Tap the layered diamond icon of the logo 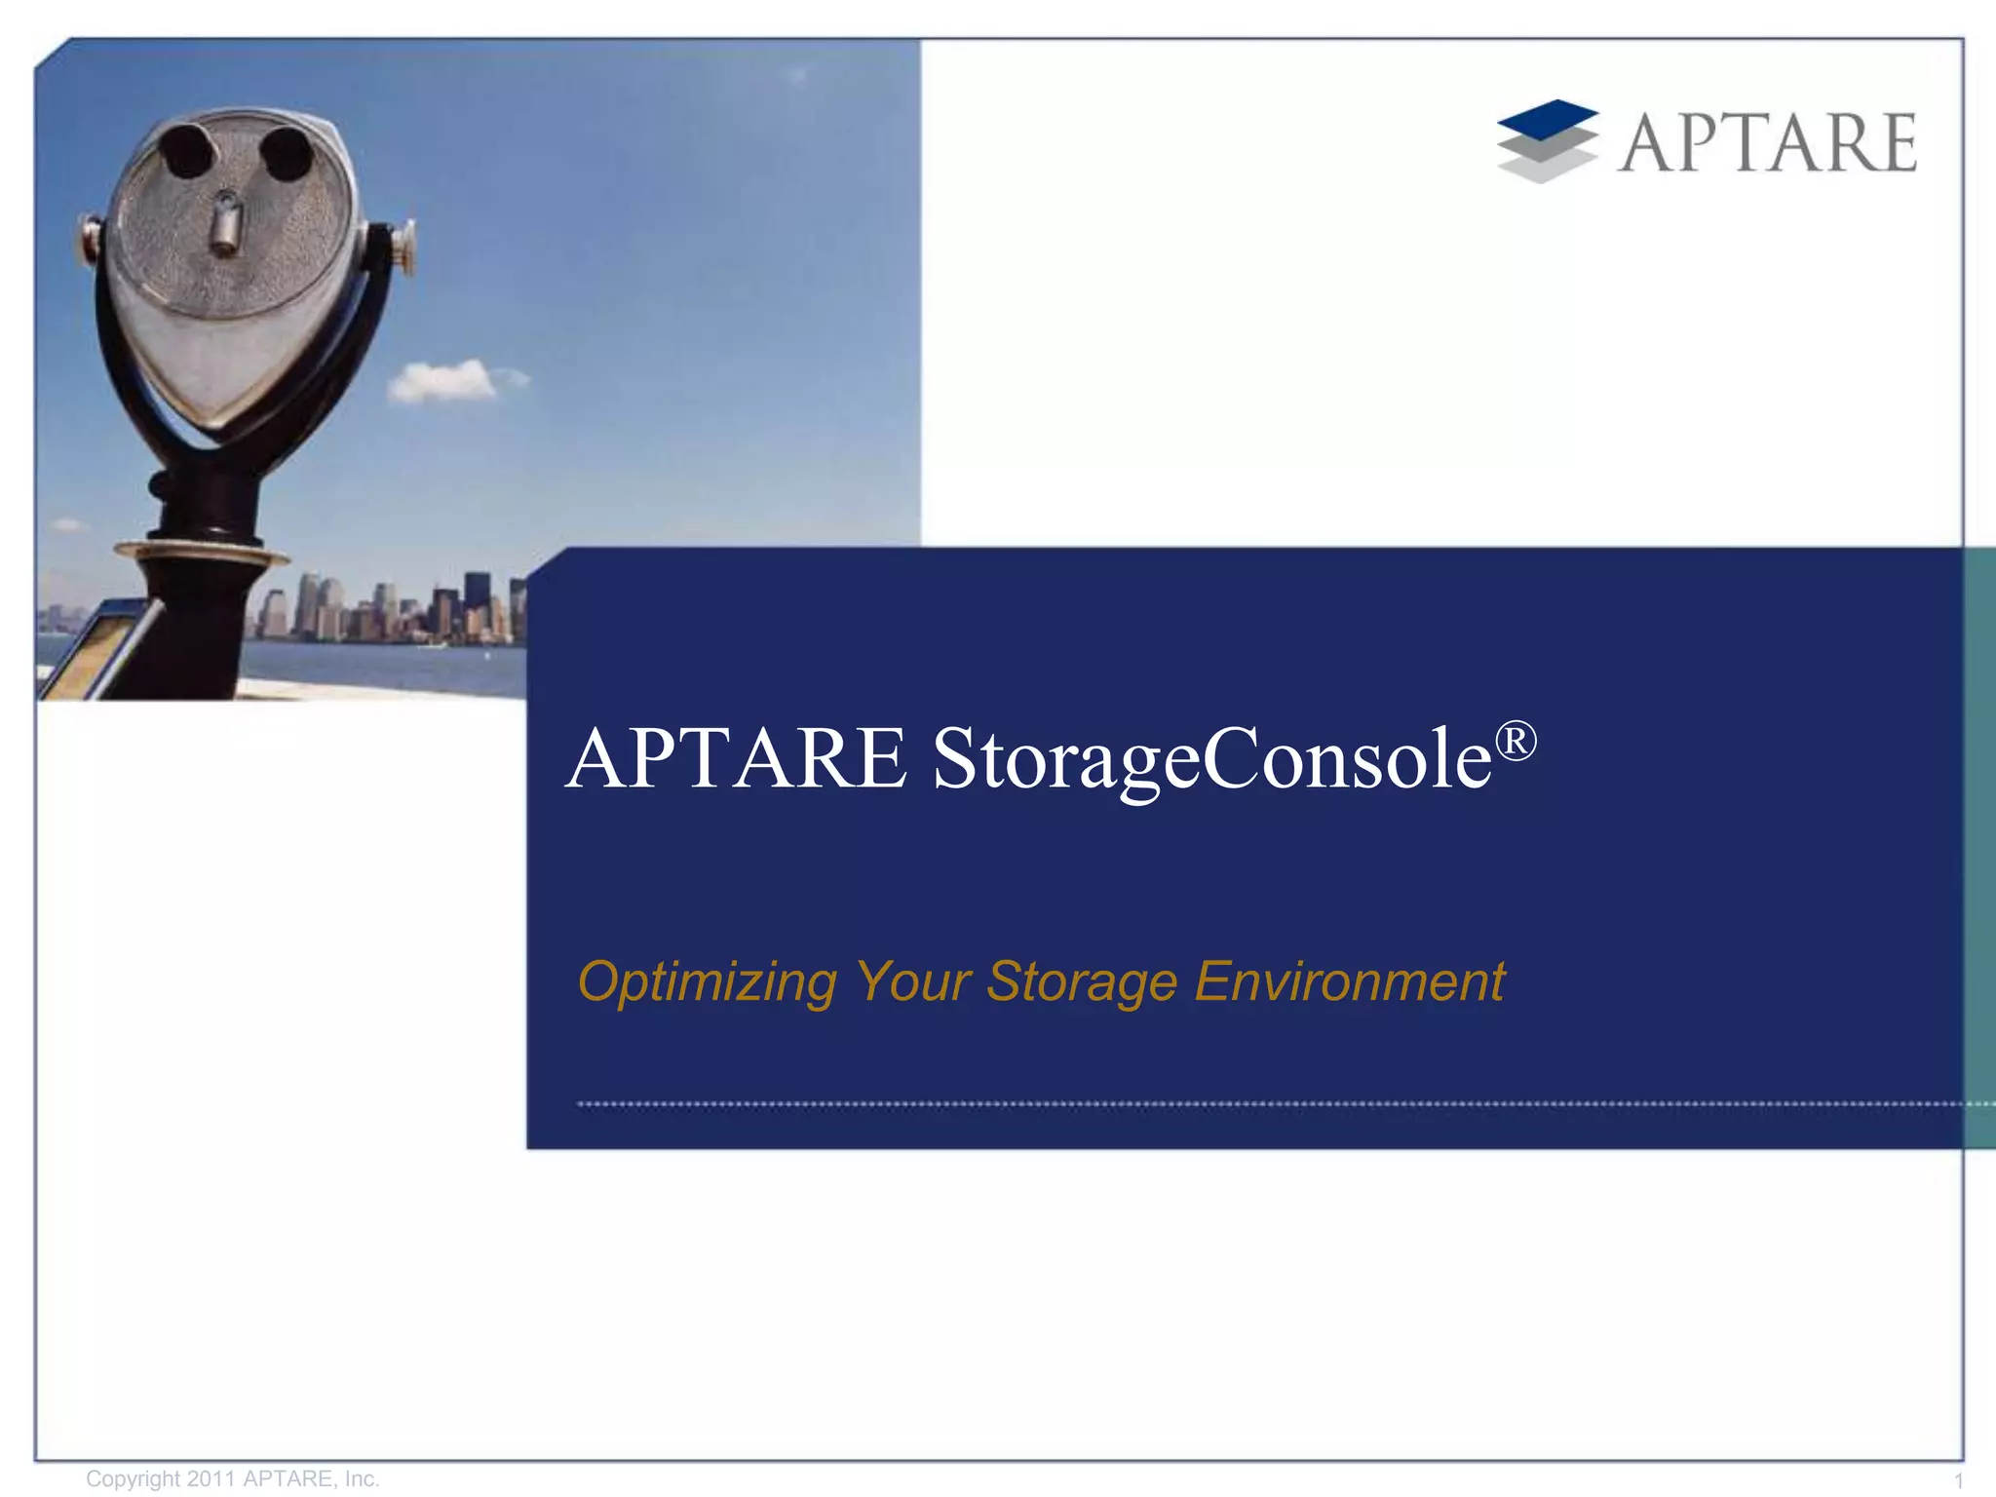click(x=1547, y=141)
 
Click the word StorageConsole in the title click(x=1212, y=760)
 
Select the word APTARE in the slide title click(x=737, y=759)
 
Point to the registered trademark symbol click(x=1516, y=741)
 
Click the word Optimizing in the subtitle click(x=708, y=980)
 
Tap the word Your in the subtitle click(x=912, y=980)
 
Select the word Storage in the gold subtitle click(x=1082, y=980)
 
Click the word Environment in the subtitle click(x=1350, y=980)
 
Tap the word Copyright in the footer click(x=133, y=1478)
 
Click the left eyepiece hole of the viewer click(x=187, y=151)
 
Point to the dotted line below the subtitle click(x=1267, y=1104)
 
